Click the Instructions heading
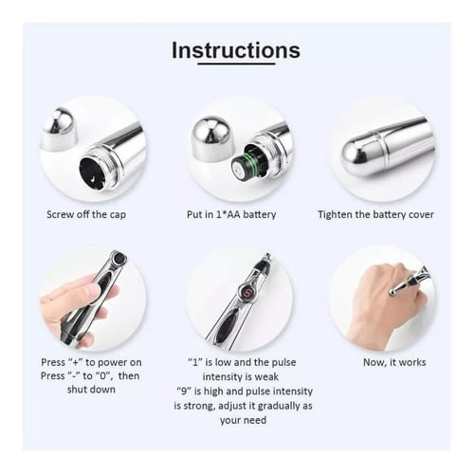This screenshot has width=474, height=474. click(236, 50)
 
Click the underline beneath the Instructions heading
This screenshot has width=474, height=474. click(236, 64)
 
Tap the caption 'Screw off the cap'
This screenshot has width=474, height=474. click(86, 214)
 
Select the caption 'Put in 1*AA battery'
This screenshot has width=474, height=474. click(231, 214)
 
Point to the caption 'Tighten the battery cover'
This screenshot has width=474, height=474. click(375, 214)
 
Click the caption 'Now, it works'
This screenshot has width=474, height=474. click(394, 362)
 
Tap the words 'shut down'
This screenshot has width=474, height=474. click(91, 390)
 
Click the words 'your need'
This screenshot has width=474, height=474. click(243, 420)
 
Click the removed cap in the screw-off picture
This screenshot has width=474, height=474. click(60, 130)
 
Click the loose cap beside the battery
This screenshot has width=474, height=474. click(210, 137)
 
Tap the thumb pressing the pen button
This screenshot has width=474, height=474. click(81, 291)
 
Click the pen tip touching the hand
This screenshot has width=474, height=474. click(393, 292)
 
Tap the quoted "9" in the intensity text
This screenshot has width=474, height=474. click(184, 392)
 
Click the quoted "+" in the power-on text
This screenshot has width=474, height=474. click(76, 362)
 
